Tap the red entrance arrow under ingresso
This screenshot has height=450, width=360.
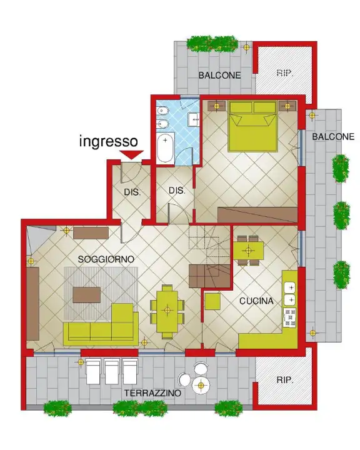click(131, 154)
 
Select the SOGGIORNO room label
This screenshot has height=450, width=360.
click(106, 259)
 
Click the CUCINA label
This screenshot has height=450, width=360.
click(257, 301)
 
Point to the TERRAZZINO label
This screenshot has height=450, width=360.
click(152, 393)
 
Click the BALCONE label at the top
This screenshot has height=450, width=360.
click(219, 75)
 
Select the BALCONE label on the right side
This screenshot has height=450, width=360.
click(333, 136)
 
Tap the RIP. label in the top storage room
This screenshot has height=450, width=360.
click(285, 72)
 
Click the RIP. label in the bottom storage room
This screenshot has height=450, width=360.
click(285, 379)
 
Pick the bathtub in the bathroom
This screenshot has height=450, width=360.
click(166, 148)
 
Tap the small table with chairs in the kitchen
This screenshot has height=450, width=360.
click(249, 250)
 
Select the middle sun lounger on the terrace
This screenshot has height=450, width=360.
click(112, 371)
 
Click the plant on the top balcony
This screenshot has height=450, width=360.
click(212, 43)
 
